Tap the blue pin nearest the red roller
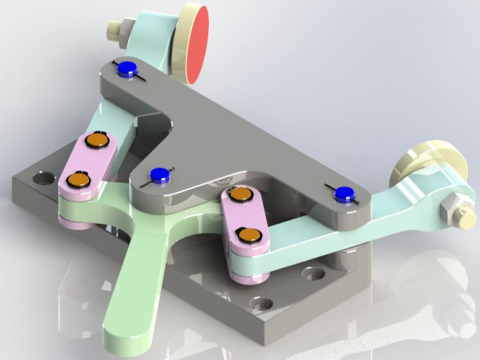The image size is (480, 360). click(127, 70)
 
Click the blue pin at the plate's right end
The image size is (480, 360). click(344, 193)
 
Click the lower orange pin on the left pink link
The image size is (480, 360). click(78, 178)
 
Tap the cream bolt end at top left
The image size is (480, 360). click(113, 30)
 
